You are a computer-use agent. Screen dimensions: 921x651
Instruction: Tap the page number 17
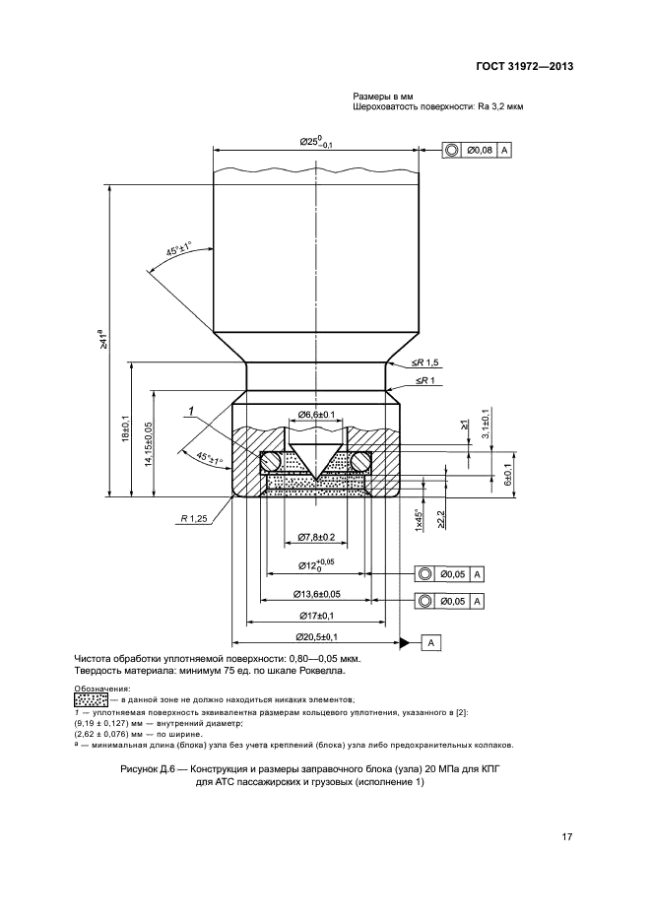pyautogui.click(x=567, y=837)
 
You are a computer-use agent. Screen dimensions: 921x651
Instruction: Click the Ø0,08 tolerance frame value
pyautogui.click(x=480, y=150)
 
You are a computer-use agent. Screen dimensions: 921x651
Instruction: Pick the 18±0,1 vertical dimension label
pyautogui.click(x=125, y=431)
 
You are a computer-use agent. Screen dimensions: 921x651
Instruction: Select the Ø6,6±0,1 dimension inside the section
pyautogui.click(x=315, y=415)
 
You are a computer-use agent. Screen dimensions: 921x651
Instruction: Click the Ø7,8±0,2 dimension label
pyautogui.click(x=315, y=537)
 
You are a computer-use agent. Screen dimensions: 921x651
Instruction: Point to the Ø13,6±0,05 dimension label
pyautogui.click(x=316, y=594)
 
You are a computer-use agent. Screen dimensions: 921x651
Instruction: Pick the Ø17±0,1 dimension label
pyautogui.click(x=316, y=616)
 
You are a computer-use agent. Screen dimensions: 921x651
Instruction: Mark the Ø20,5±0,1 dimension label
pyautogui.click(x=316, y=637)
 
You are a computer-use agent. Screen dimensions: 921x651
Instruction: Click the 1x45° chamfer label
pyautogui.click(x=420, y=518)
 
